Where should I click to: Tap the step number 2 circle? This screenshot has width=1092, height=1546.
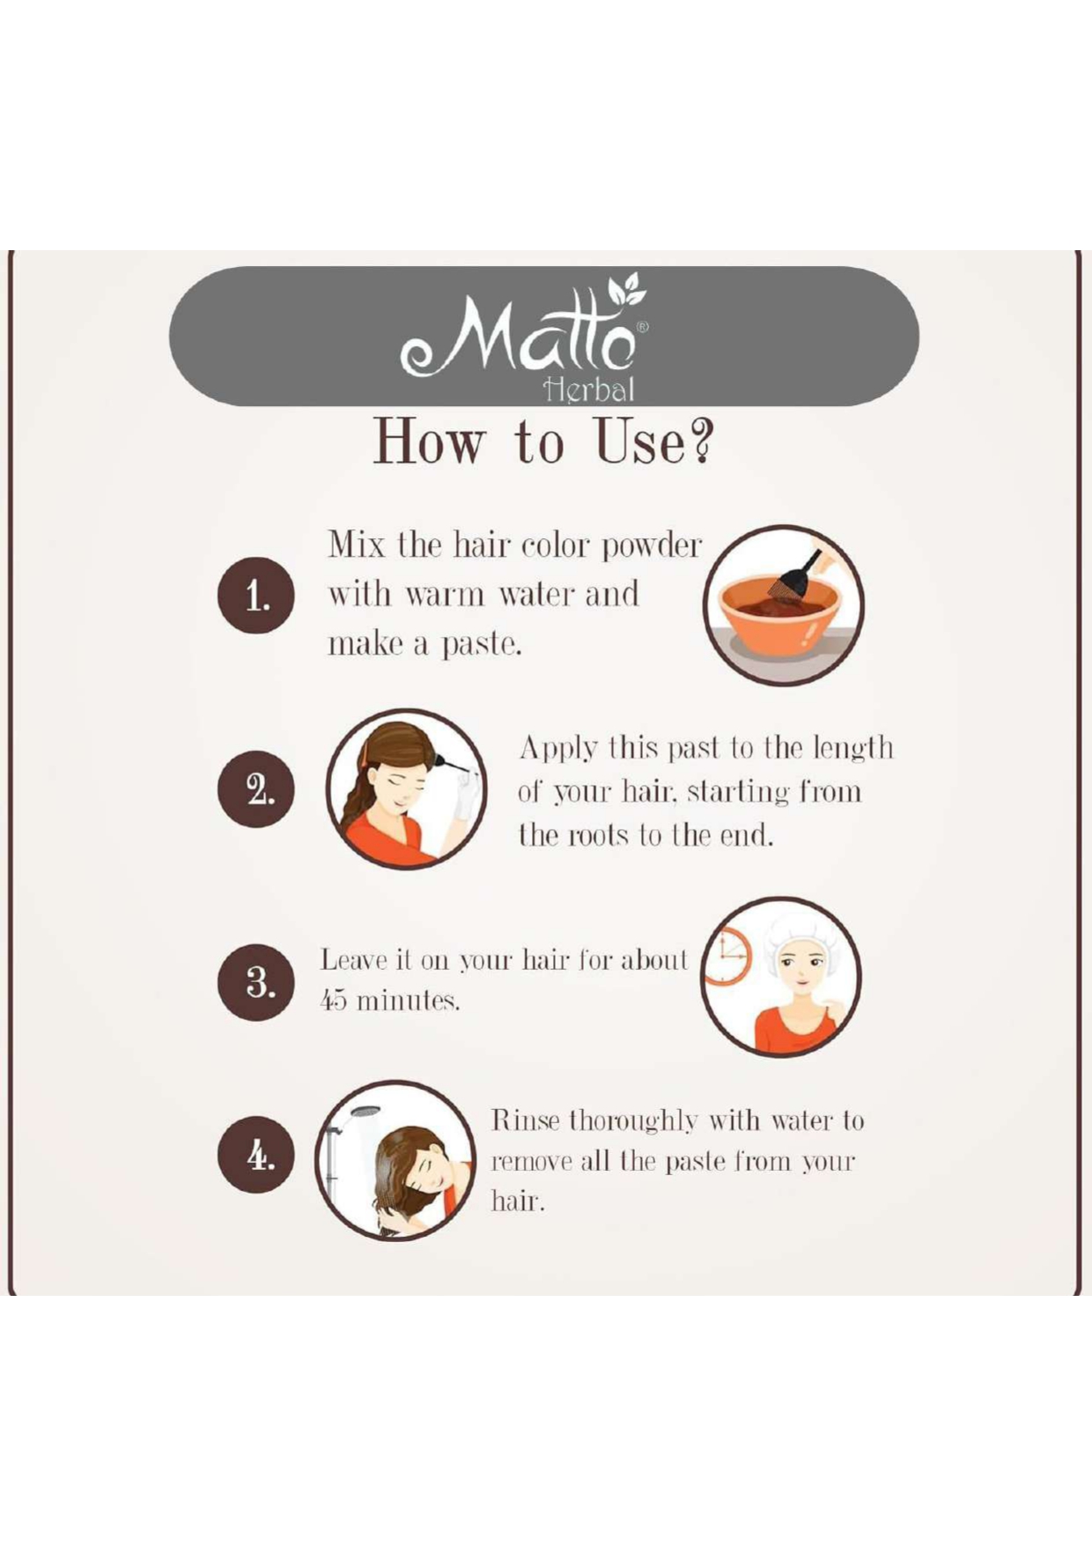pyautogui.click(x=256, y=788)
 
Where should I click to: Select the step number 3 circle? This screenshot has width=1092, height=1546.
pyautogui.click(x=256, y=982)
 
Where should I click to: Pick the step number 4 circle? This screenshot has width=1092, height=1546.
pyautogui.click(x=256, y=1154)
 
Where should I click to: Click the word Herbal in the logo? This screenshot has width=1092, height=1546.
pyautogui.click(x=589, y=389)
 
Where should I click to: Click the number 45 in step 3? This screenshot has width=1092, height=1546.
pyautogui.click(x=332, y=1002)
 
